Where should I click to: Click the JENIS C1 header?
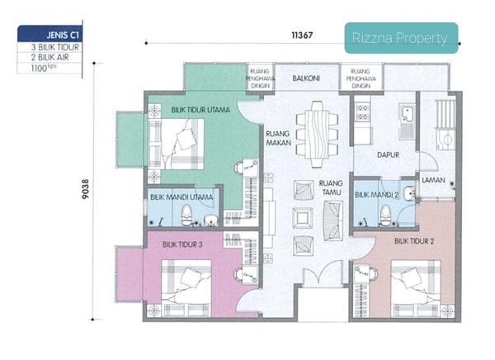(63, 35)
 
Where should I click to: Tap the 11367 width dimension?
(302, 35)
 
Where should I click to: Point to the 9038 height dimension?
(85, 189)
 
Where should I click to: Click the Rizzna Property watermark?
(399, 38)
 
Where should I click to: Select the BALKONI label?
(306, 78)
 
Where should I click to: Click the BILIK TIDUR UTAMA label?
(200, 110)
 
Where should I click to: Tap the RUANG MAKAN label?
(278, 138)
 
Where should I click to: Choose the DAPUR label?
(389, 155)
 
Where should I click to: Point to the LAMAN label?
(433, 180)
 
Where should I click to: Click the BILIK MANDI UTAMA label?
(181, 197)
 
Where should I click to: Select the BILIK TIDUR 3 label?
(182, 244)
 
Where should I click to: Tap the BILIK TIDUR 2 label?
(414, 241)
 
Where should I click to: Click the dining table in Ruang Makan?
(318, 134)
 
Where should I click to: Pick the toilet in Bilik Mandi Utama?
(186, 215)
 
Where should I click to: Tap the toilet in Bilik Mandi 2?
(385, 215)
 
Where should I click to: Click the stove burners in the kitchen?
(363, 112)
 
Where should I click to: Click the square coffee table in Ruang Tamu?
(303, 218)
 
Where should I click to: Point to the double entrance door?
(323, 273)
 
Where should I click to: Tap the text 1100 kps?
(44, 68)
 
